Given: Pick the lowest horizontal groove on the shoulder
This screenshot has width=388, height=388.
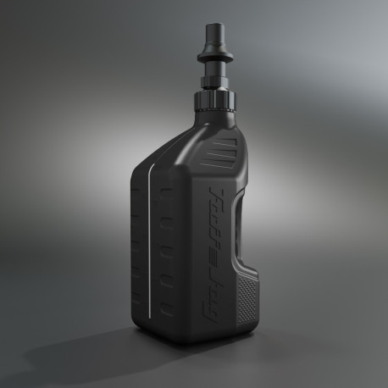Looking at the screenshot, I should pos(220,166).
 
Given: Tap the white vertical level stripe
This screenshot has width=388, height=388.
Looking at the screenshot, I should pos(151,246).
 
